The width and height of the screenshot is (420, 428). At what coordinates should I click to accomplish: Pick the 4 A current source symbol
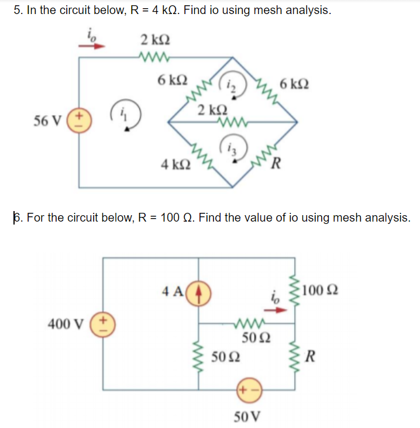(x=199, y=291)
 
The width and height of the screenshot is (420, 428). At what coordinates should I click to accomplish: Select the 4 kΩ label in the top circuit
(x=174, y=164)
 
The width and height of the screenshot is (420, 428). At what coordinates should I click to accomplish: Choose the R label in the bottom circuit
(x=312, y=354)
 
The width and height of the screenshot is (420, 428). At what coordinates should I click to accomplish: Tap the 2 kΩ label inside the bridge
(x=209, y=111)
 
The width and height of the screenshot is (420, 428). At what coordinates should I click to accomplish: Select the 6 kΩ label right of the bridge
(x=295, y=85)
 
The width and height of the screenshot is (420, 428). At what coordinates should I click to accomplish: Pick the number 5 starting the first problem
(x=17, y=11)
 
